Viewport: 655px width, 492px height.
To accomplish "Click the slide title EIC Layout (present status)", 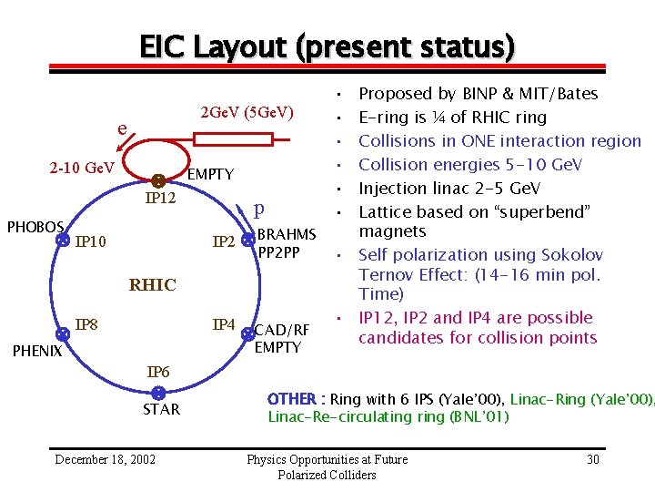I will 327,46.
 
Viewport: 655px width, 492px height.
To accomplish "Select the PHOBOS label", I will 35,226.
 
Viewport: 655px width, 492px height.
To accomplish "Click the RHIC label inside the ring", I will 152,285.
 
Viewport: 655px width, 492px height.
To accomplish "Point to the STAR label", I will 161,409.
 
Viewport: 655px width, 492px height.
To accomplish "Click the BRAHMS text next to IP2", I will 287,234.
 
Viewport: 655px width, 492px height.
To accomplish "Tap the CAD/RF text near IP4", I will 282,330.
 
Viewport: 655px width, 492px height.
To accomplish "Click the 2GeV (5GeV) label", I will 247,112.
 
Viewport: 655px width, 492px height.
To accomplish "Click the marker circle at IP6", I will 157,393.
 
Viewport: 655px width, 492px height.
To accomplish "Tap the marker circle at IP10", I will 62,241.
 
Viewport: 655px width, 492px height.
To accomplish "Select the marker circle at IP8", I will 62,333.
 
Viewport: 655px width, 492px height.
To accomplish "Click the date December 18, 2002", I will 105,459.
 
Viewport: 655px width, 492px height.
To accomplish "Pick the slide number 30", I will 592,459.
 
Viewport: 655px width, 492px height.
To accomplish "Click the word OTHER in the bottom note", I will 290,399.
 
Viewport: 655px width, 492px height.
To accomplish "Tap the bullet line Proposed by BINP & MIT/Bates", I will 479,93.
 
